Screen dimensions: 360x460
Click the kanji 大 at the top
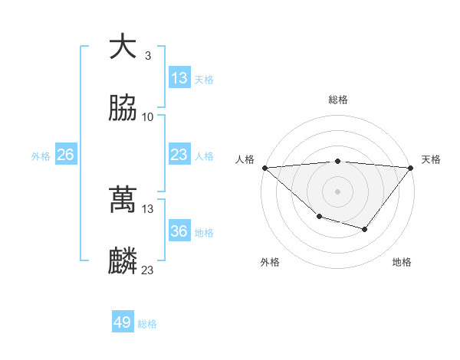[x=123, y=47]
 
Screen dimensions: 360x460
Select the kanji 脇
[x=123, y=108]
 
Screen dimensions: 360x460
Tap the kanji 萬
[x=123, y=200]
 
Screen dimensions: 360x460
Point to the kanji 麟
[x=123, y=261]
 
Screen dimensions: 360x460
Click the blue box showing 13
[x=179, y=78]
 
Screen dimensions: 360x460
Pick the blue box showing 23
[x=179, y=155]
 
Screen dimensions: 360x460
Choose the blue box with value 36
[x=179, y=231]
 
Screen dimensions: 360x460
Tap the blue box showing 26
[x=66, y=155]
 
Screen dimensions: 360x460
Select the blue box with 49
[x=123, y=322]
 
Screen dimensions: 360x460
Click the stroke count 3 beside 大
[x=147, y=55]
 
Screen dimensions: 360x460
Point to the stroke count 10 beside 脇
[x=148, y=116]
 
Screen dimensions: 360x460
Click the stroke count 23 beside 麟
[x=148, y=270]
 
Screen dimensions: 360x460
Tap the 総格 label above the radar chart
[x=338, y=100]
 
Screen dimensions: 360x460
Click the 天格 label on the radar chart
[x=431, y=159]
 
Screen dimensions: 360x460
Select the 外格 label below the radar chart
[x=270, y=262]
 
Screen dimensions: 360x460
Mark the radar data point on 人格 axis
[x=264, y=167]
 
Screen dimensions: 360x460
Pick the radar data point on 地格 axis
[x=365, y=229]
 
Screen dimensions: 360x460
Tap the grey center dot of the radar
[x=338, y=191]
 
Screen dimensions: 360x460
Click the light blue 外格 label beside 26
[x=41, y=155]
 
